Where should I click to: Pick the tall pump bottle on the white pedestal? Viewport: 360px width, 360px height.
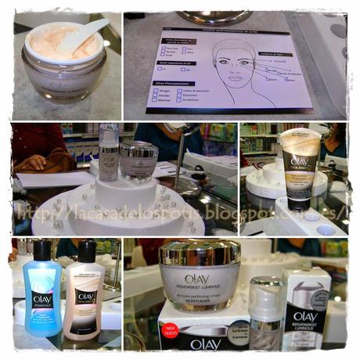pyautogui.click(x=109, y=153)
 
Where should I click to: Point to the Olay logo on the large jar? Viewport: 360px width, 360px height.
pyautogui.click(x=197, y=279)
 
